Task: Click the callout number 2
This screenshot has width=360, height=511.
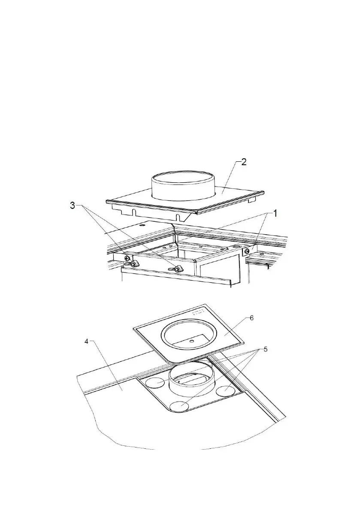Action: pos(243,163)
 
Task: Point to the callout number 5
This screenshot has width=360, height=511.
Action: pos(266,349)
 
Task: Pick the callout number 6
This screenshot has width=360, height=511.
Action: pos(251,317)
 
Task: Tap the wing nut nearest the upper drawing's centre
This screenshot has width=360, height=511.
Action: pos(176,269)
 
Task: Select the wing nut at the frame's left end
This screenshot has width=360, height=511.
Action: pos(133,263)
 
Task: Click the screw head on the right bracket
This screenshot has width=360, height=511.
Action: pos(247,251)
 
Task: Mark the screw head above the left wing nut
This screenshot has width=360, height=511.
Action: pos(127,257)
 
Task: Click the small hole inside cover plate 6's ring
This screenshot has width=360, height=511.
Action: pos(192,341)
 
